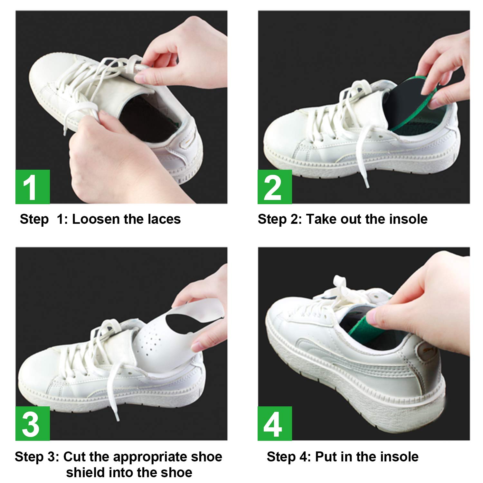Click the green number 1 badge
(33, 187)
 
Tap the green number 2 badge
(275, 187)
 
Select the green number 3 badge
(33, 423)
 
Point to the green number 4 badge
(275, 423)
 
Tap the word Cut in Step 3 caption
(74, 457)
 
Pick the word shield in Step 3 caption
(84, 473)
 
